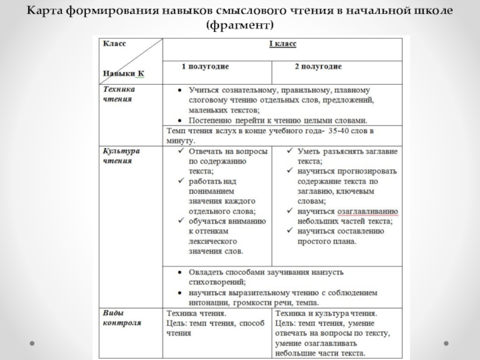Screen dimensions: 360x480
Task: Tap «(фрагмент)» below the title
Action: point(239,25)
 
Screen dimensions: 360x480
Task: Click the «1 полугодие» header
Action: point(205,65)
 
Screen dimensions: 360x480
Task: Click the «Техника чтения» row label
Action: point(118,94)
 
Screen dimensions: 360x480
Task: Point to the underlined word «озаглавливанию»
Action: point(368,211)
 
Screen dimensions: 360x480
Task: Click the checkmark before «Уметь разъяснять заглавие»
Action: point(289,151)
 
